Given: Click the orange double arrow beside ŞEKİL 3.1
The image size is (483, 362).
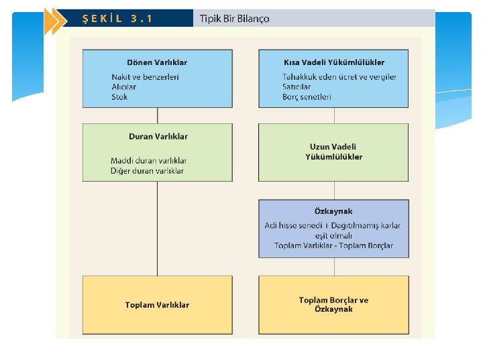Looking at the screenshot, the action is click(x=56, y=21).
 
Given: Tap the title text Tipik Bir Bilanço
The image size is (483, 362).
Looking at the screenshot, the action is click(x=234, y=19).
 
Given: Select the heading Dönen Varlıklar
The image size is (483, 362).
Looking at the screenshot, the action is click(x=157, y=62).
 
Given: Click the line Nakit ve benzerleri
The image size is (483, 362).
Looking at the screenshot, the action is click(x=145, y=77).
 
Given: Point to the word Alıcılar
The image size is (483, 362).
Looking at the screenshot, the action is click(x=124, y=86).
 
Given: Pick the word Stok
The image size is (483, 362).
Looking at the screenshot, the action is click(x=119, y=97).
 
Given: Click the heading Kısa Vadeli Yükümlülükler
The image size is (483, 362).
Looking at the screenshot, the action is click(x=334, y=62).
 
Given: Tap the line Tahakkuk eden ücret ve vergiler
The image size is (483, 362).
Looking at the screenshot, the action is click(x=339, y=77).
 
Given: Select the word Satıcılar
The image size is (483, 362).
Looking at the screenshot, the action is click(x=297, y=86).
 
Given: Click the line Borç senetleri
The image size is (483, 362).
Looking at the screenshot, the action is click(x=307, y=97).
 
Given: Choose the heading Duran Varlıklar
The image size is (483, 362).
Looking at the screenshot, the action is click(x=158, y=136).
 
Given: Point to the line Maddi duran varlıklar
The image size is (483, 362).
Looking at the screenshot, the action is click(x=149, y=161).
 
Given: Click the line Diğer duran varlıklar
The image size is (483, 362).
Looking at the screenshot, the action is click(x=147, y=171).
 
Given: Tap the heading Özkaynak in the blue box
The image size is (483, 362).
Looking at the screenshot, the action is click(x=333, y=211).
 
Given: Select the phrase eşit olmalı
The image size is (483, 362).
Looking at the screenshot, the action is click(x=333, y=236).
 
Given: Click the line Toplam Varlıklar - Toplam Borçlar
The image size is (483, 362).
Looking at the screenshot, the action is click(x=333, y=245).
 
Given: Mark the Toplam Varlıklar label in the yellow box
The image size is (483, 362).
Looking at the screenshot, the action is click(x=157, y=305).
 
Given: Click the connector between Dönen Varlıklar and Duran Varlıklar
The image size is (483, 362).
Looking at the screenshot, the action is click(x=158, y=116).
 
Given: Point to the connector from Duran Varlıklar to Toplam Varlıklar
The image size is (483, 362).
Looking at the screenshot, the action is click(x=157, y=229).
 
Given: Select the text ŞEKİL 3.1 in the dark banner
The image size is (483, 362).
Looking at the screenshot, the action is click(x=117, y=19).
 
